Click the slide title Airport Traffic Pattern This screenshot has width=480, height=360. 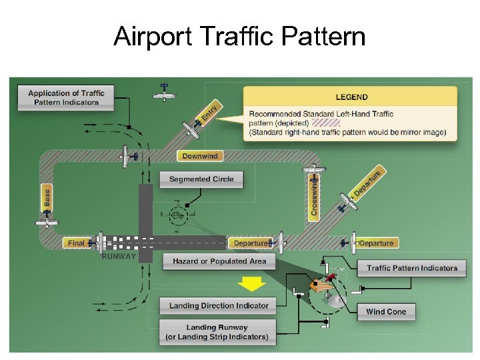(x=239, y=36)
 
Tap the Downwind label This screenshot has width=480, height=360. (x=199, y=156)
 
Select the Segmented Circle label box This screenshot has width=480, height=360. (x=201, y=179)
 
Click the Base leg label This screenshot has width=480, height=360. (x=47, y=197)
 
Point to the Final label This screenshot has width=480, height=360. (x=77, y=243)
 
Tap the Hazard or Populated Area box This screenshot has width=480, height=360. (x=219, y=261)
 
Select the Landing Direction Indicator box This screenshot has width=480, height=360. (x=219, y=306)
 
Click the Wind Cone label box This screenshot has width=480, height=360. (x=386, y=311)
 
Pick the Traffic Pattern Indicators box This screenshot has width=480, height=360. (x=412, y=268)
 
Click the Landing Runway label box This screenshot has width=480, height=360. (x=217, y=332)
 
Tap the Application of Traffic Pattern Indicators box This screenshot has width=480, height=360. (x=66, y=97)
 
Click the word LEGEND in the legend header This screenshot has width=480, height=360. (x=351, y=97)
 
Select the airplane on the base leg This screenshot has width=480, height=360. (x=47, y=223)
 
